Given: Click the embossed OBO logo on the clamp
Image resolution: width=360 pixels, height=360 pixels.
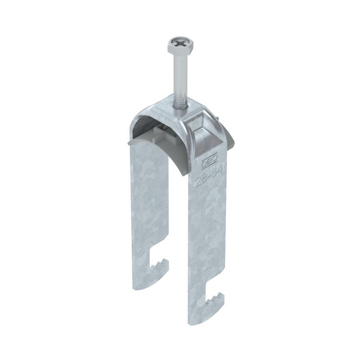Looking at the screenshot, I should pos(209,161).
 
